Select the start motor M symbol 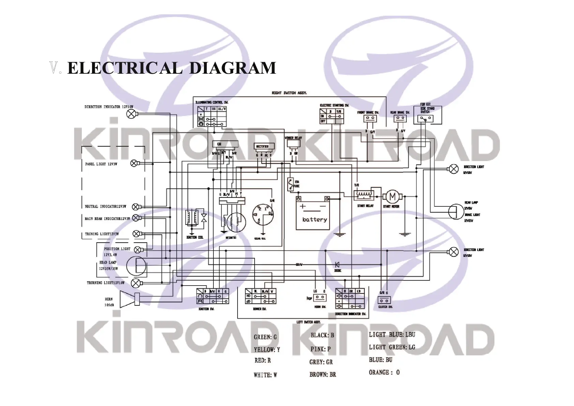[x=392, y=197]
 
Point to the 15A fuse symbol [x=290, y=184]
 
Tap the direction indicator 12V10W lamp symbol [x=131, y=114]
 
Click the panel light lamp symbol [x=134, y=163]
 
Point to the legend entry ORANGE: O [x=384, y=372]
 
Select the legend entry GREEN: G [x=265, y=337]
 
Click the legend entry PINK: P [x=320, y=349]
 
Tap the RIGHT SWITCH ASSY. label [x=289, y=93]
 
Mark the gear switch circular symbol [x=262, y=214]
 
